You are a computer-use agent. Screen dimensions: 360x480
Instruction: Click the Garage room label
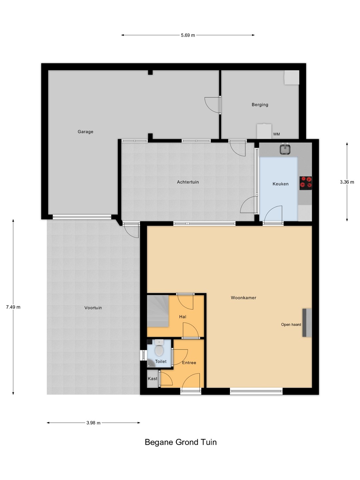pos(85,132)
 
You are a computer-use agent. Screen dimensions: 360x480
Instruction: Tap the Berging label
pos(260,105)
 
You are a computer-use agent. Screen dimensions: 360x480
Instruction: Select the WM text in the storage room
pos(277,134)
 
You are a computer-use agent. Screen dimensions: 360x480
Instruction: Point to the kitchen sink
pos(285,149)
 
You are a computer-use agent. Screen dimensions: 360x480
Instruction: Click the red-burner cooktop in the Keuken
pos(306,183)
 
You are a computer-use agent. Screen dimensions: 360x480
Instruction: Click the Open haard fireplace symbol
pos(307,323)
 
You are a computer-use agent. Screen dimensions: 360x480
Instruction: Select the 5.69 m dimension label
pos(188,35)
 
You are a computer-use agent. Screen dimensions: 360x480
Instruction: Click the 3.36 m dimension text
pos(347,182)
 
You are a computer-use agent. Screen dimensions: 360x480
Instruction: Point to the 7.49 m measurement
pos(13,307)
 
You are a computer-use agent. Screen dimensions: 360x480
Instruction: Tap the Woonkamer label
pos(243,298)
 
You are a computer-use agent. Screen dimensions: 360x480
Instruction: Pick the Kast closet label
pos(153,379)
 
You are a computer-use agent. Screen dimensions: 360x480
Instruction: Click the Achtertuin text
pos(188,182)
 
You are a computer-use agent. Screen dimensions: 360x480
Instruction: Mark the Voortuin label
pos(93,308)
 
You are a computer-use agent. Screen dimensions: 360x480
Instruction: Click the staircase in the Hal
pos(158,311)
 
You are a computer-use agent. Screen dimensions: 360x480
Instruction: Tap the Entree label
pos(189,363)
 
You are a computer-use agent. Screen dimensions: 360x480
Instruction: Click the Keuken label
pos(280,184)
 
